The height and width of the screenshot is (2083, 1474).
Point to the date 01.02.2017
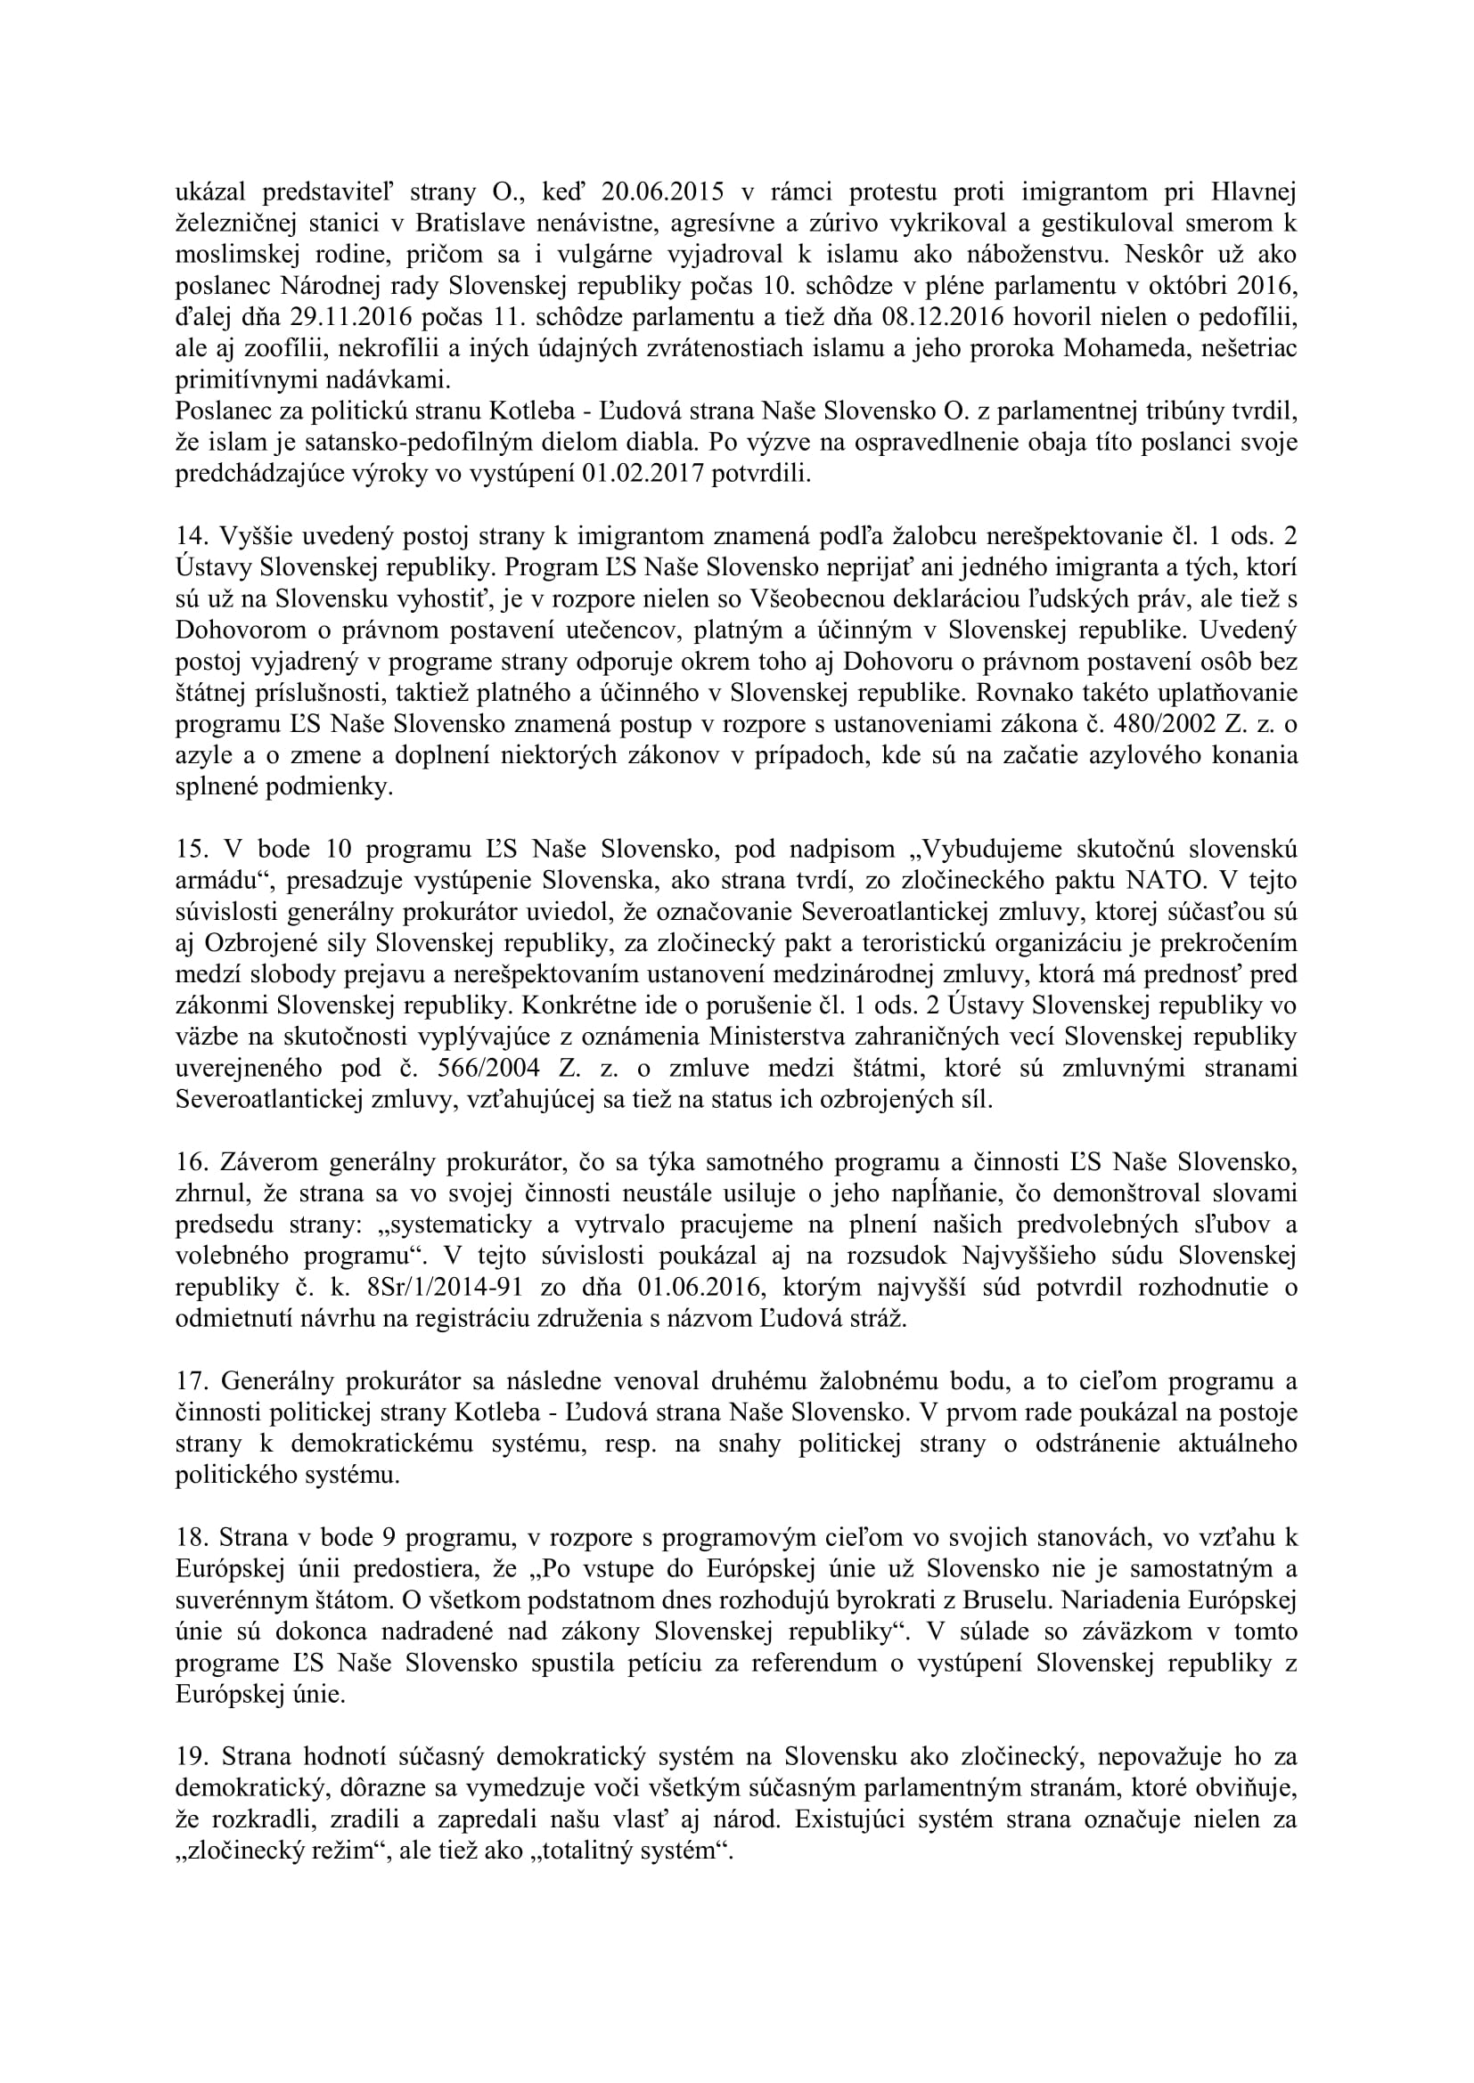[646, 476]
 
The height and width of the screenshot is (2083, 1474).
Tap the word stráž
[876, 1319]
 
